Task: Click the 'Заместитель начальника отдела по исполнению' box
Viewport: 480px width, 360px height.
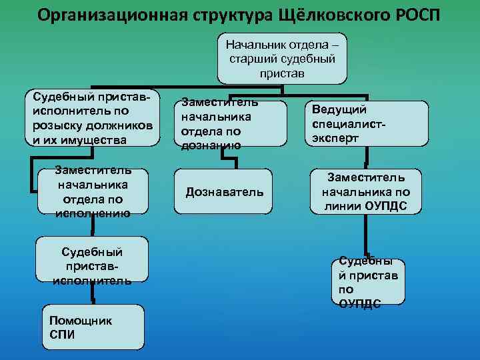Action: pyautogui.click(x=93, y=192)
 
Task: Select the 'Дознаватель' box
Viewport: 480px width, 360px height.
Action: pyautogui.click(x=224, y=192)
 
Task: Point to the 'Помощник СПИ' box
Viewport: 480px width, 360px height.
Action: pyautogui.click(x=93, y=327)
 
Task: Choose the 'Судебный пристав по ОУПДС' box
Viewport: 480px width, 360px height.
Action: pyautogui.click(x=367, y=281)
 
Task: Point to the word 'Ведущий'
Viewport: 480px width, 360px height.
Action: pyautogui.click(x=335, y=109)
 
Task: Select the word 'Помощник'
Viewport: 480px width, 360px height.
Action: pyautogui.click(x=81, y=321)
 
